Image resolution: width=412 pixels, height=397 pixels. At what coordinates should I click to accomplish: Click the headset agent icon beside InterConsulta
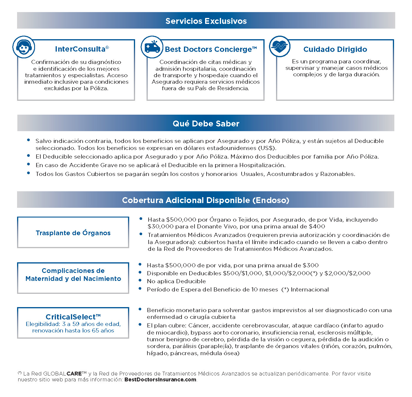coord(24,47)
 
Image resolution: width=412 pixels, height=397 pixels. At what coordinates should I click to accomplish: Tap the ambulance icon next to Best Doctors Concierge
coord(152,47)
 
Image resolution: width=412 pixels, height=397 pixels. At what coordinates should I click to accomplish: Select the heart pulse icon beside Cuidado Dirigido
coord(280,47)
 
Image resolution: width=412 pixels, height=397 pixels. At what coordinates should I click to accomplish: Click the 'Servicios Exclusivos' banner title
coord(206,21)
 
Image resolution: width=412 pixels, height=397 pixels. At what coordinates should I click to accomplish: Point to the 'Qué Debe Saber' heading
coord(206,123)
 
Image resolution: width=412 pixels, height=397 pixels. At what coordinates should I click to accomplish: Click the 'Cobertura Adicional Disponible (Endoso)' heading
coord(206,200)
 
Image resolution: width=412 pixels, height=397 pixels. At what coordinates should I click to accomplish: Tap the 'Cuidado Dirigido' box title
coord(335,49)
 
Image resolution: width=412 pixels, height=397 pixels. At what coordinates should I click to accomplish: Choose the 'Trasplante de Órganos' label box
coord(73,233)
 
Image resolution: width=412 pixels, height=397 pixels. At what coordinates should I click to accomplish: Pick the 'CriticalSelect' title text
coord(73,317)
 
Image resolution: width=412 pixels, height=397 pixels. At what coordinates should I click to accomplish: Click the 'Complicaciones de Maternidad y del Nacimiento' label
coord(73,275)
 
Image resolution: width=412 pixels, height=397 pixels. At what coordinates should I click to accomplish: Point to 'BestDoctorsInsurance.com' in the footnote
coord(160,380)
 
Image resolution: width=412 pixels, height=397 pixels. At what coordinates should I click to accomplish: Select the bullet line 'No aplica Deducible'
coord(176,281)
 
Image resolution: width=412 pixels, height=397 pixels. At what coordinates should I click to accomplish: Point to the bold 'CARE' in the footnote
coord(74,373)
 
